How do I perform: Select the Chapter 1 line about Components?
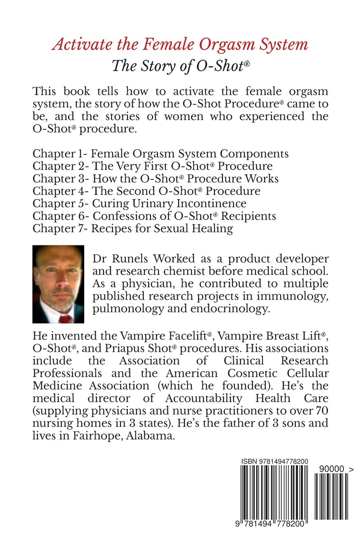(x=160, y=154)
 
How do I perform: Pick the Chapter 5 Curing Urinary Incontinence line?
(x=139, y=203)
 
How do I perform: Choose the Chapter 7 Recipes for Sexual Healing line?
(x=133, y=228)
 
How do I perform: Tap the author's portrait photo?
(x=58, y=284)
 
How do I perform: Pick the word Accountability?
(x=204, y=398)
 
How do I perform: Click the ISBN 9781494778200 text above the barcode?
(x=275, y=461)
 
